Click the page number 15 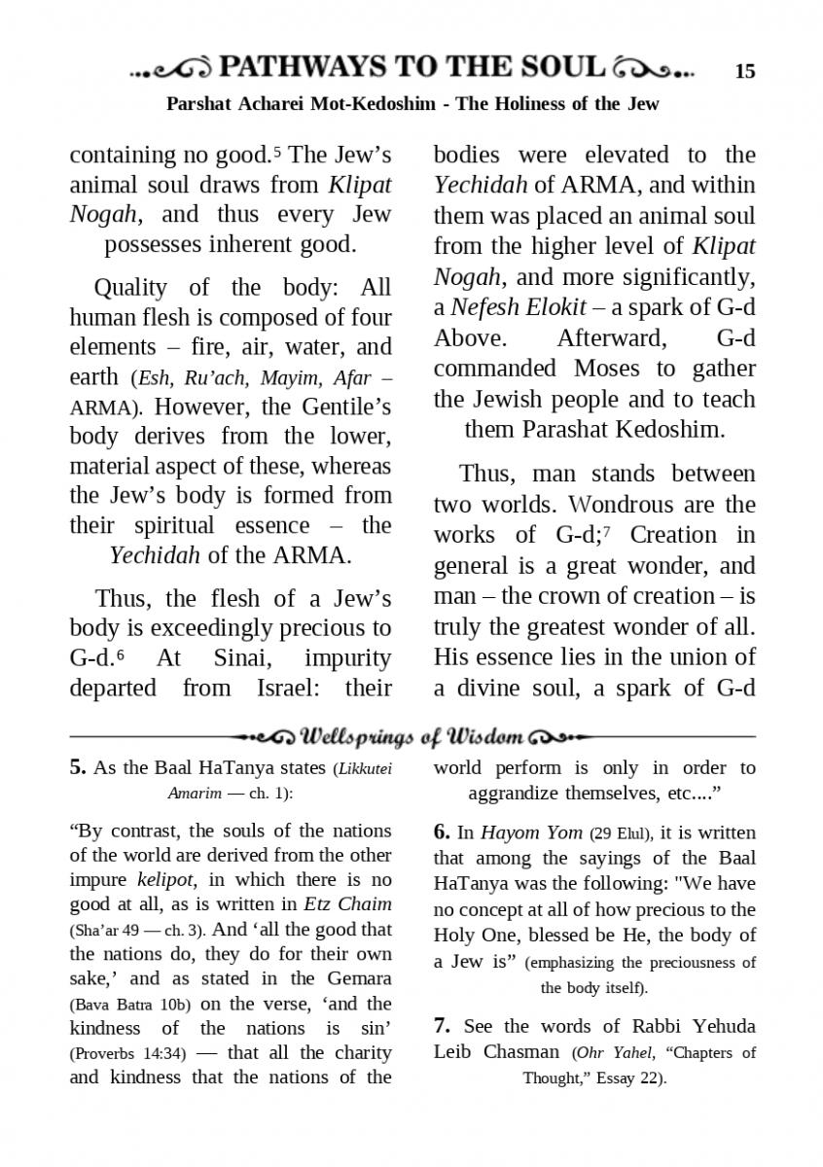744,71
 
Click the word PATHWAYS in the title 301,67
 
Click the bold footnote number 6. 441,831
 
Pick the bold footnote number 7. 441,1026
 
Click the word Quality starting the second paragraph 131,288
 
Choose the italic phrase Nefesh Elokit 519,307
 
